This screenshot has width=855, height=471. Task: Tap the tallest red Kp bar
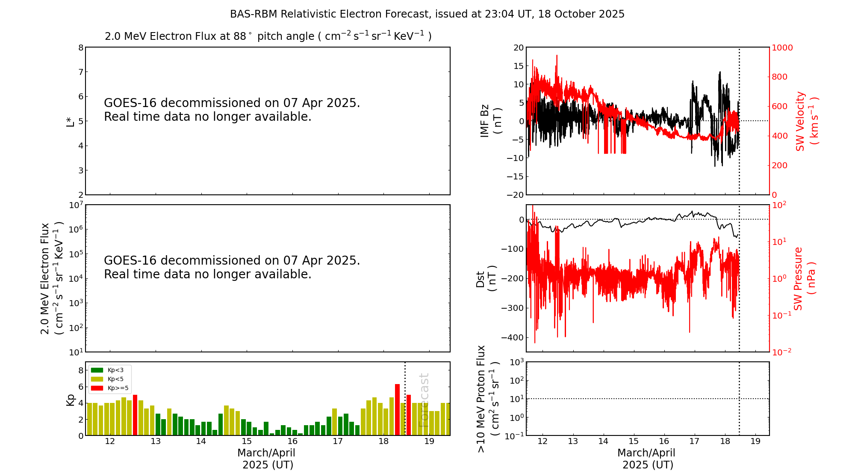[397, 409]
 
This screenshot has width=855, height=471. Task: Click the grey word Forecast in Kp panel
[423, 400]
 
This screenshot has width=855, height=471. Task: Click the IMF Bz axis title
[490, 121]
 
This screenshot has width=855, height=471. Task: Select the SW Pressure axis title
[804, 278]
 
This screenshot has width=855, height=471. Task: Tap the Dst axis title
[486, 278]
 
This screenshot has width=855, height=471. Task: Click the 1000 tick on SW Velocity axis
[782, 48]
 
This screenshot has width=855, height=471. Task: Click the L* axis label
[70, 121]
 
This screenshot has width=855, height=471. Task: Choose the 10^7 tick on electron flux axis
[76, 205]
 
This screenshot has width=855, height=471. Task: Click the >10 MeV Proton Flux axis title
[487, 399]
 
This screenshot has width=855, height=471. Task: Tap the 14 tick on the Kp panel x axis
[201, 441]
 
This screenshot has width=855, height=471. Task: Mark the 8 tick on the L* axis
[81, 48]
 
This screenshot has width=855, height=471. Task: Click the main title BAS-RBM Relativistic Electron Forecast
[427, 14]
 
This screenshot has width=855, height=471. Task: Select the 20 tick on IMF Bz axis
[519, 48]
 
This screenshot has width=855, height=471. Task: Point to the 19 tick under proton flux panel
[755, 441]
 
